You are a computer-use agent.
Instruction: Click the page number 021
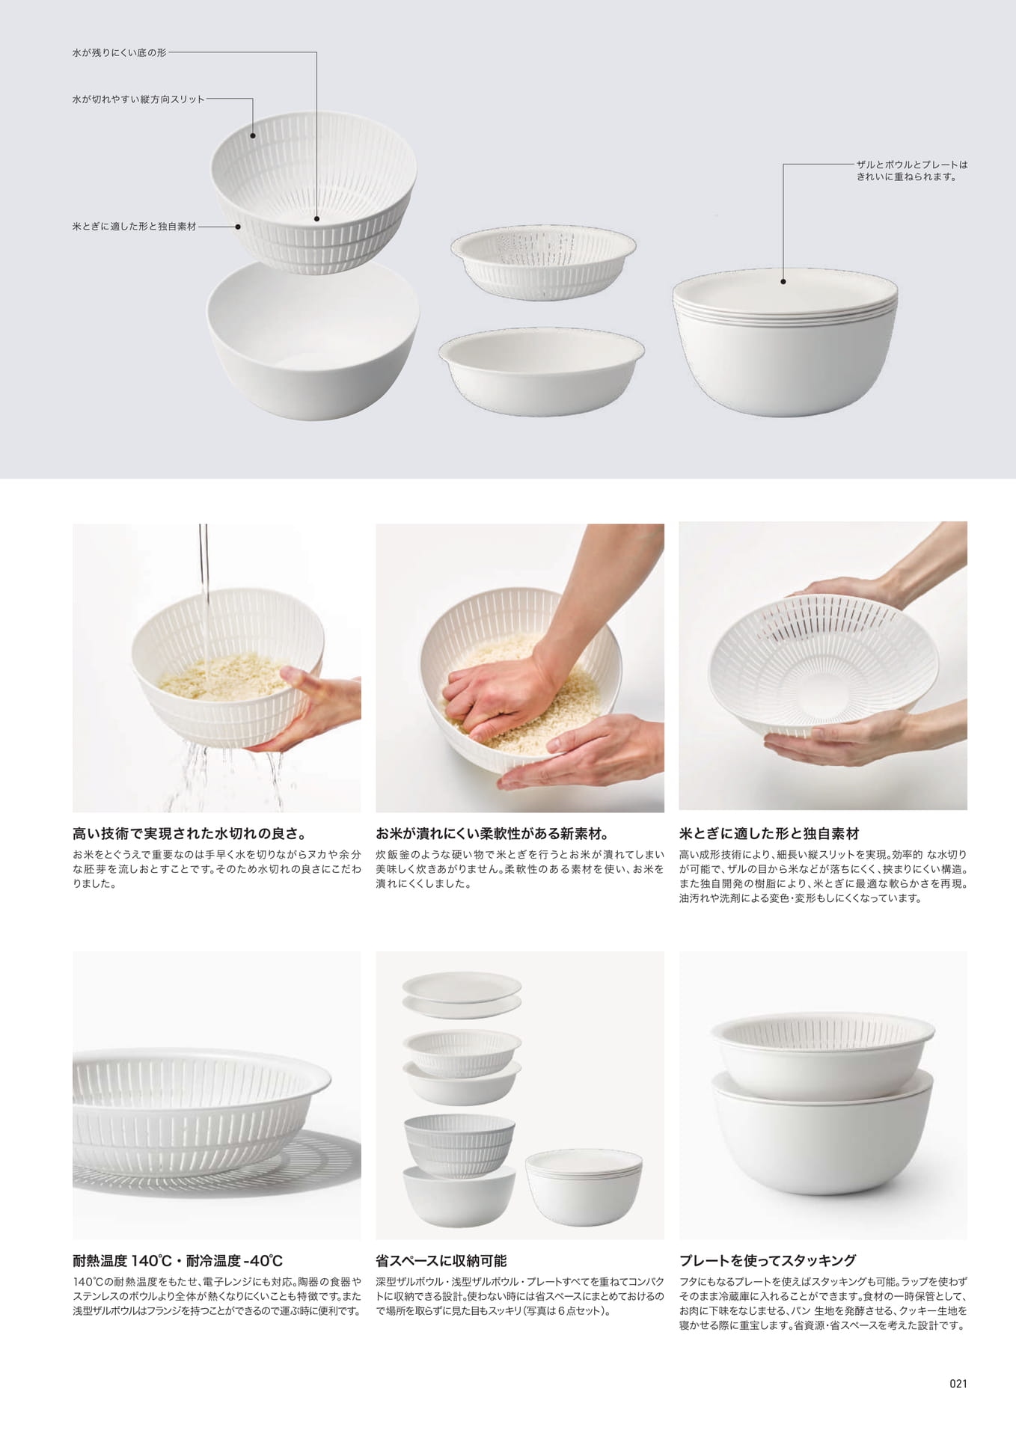click(x=958, y=1383)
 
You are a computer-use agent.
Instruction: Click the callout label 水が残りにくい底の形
click(x=119, y=53)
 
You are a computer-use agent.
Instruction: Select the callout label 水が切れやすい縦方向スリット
click(x=138, y=99)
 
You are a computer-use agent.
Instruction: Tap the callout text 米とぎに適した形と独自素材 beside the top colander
click(x=134, y=226)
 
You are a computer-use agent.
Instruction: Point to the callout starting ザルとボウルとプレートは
click(x=912, y=171)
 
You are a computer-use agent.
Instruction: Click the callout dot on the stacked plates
click(x=783, y=282)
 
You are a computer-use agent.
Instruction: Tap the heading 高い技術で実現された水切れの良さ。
click(x=190, y=833)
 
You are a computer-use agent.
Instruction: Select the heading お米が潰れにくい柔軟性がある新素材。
click(x=493, y=833)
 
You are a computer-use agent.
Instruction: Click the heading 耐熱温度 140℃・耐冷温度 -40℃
click(x=177, y=1260)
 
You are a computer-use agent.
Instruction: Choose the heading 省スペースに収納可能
click(x=441, y=1260)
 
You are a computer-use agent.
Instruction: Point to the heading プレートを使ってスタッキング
click(x=768, y=1260)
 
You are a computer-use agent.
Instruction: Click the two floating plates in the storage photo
click(x=462, y=994)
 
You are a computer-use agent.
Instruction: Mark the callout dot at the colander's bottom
click(x=316, y=219)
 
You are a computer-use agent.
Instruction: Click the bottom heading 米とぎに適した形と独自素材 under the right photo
click(x=769, y=833)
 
